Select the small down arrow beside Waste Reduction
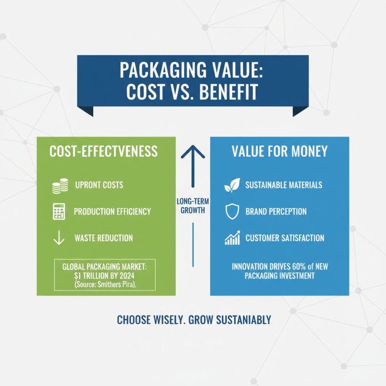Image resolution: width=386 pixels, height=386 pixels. [59, 238]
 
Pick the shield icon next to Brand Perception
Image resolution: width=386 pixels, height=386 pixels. [232, 212]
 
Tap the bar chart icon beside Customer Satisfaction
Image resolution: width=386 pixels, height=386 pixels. [232, 238]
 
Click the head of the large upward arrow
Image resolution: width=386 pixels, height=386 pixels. [193, 153]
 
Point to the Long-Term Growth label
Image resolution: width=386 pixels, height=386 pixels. [193, 206]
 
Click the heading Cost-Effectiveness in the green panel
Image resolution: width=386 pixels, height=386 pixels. [104, 152]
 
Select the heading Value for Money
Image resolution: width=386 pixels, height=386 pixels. [279, 152]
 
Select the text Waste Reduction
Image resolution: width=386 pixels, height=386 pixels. [104, 238]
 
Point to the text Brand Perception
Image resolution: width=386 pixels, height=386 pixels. [276, 212]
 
